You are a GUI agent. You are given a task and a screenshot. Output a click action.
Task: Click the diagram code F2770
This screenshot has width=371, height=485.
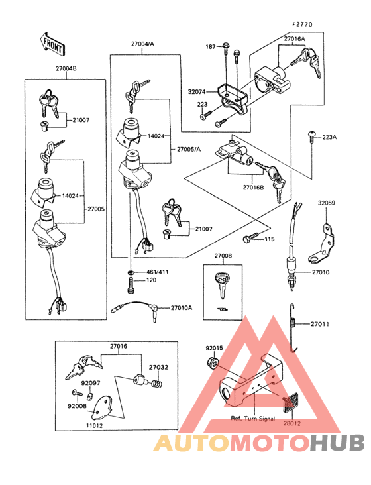[x=302, y=24]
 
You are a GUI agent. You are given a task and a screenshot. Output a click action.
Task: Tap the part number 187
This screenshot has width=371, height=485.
[x=211, y=47]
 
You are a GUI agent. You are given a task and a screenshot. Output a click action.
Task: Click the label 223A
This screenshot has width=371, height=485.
[x=329, y=137]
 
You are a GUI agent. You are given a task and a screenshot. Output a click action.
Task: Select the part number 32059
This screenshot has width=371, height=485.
[x=327, y=203]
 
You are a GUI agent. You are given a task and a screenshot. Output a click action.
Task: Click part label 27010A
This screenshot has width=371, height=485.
[x=181, y=308]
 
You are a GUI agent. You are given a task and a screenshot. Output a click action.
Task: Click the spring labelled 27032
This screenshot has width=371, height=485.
[x=158, y=382]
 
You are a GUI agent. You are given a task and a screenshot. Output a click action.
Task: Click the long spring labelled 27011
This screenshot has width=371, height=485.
[x=293, y=325]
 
